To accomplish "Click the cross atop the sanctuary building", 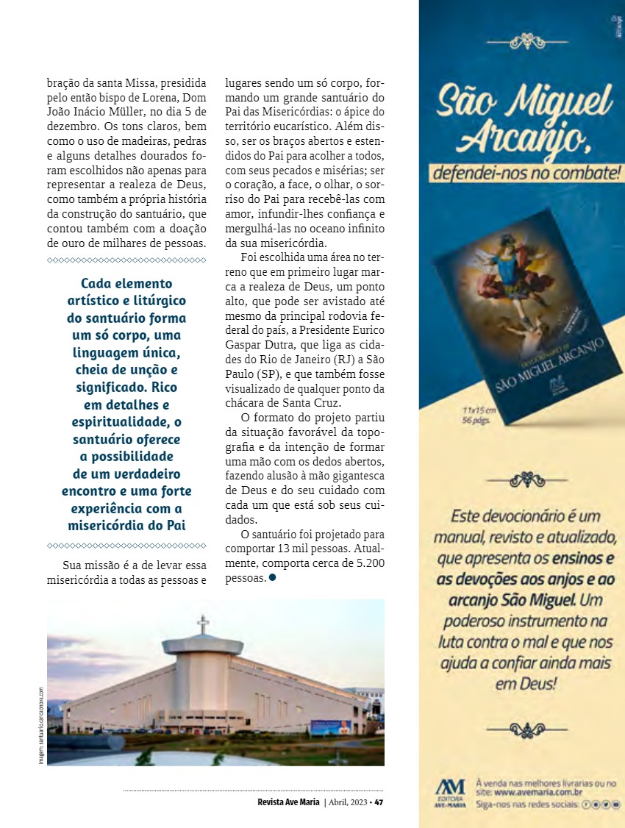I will pyautogui.click(x=203, y=624).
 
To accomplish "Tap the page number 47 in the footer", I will pyautogui.click(x=379, y=802).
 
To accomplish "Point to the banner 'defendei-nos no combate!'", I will pyautogui.click(x=526, y=175).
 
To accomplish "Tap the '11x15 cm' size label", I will pyautogui.click(x=479, y=409).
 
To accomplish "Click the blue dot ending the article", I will pyautogui.click(x=272, y=577).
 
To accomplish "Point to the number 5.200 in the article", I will pyautogui.click(x=365, y=563).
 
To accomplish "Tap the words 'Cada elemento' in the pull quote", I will pyautogui.click(x=126, y=283).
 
